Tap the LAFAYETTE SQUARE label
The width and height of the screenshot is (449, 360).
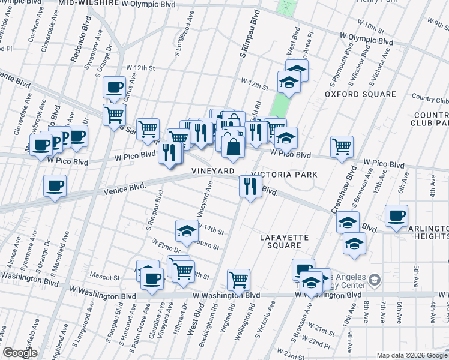[283, 241]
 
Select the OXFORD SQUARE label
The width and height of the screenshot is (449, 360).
[360, 94]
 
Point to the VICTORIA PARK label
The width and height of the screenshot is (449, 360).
[283, 175]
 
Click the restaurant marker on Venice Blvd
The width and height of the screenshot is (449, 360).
[250, 186]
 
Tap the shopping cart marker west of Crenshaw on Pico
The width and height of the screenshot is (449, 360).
[342, 146]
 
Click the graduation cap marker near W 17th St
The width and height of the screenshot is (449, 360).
[187, 230]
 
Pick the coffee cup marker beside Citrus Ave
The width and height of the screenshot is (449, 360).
[114, 88]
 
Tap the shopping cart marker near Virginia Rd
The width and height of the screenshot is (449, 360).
[239, 279]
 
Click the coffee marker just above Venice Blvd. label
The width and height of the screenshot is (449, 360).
[55, 185]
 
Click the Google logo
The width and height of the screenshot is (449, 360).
[20, 353]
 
